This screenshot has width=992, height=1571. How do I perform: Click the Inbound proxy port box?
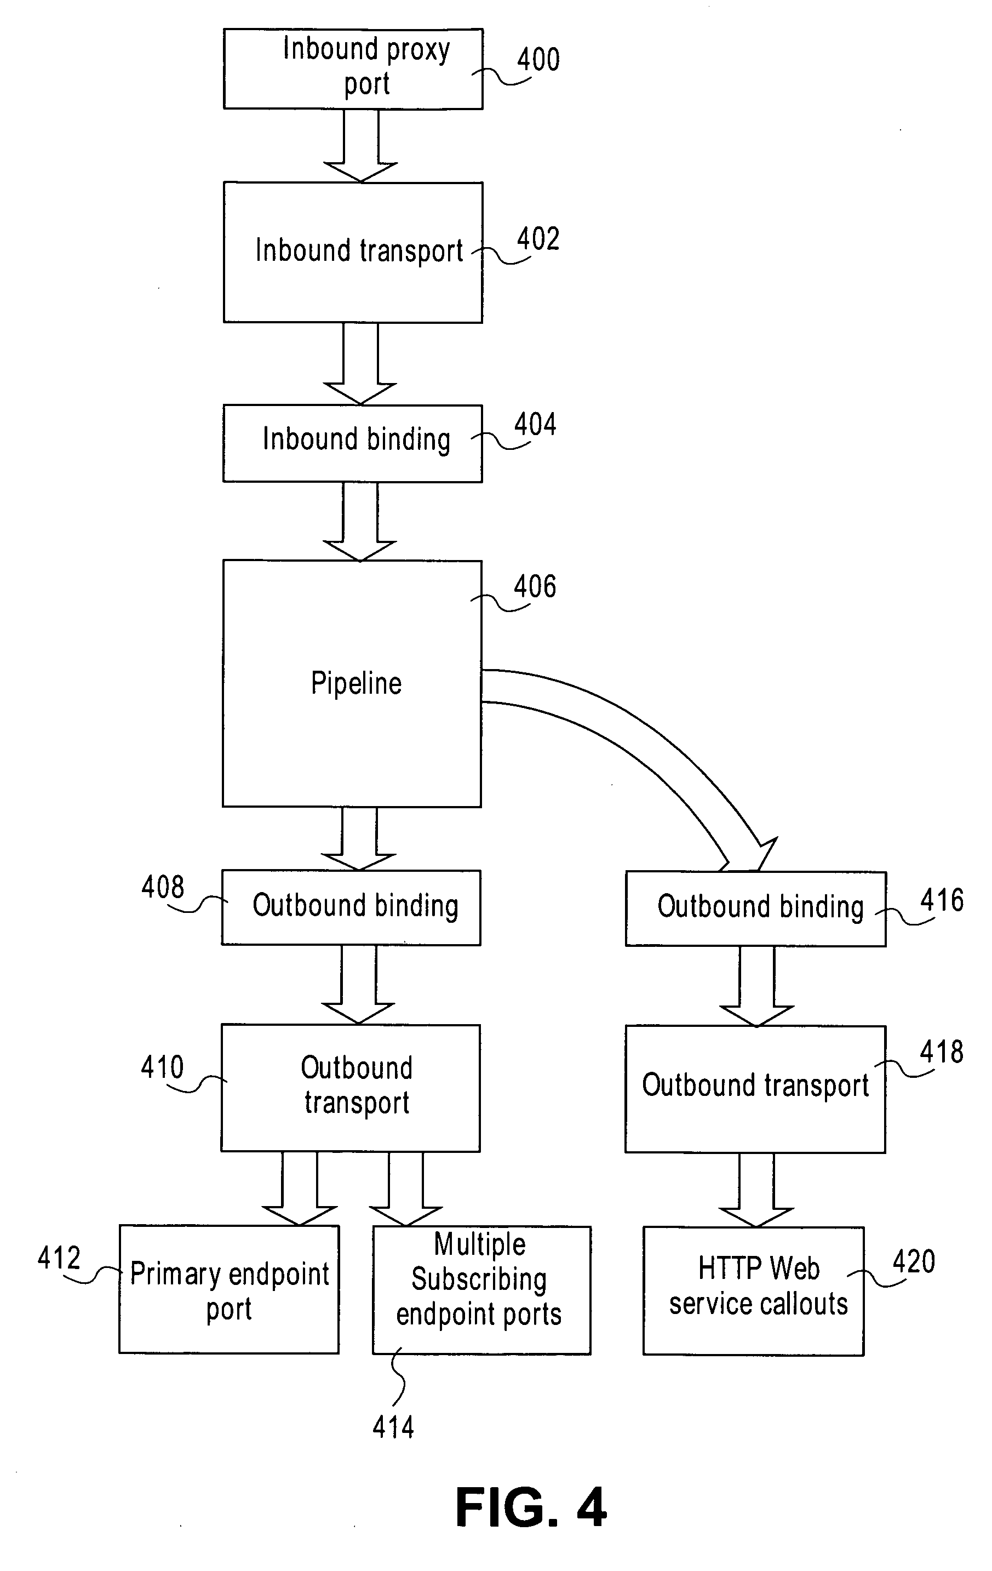(353, 68)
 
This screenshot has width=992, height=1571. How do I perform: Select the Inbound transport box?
(353, 252)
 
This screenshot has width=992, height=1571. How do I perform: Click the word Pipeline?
(356, 684)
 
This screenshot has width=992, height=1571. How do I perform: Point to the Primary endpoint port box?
(229, 1289)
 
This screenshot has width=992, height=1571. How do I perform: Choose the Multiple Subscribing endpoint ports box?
(481, 1290)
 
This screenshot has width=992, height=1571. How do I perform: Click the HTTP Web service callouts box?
(753, 1290)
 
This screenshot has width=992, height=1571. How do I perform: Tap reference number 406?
(535, 586)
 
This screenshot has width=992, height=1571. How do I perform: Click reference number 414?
(393, 1427)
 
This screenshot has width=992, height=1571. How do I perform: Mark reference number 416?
(942, 900)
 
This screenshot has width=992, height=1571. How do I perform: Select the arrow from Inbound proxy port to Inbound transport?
(360, 147)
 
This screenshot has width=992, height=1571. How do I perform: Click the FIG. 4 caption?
(531, 1508)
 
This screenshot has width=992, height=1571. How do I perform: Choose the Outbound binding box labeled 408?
(351, 907)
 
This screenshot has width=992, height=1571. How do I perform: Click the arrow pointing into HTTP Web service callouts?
(756, 1189)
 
